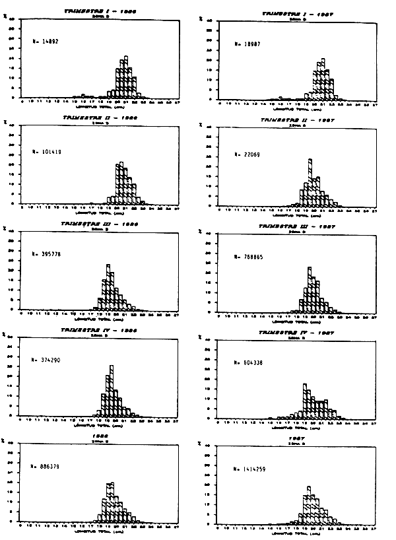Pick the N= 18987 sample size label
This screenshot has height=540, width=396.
point(249,44)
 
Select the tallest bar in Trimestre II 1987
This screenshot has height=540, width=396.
point(310,182)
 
